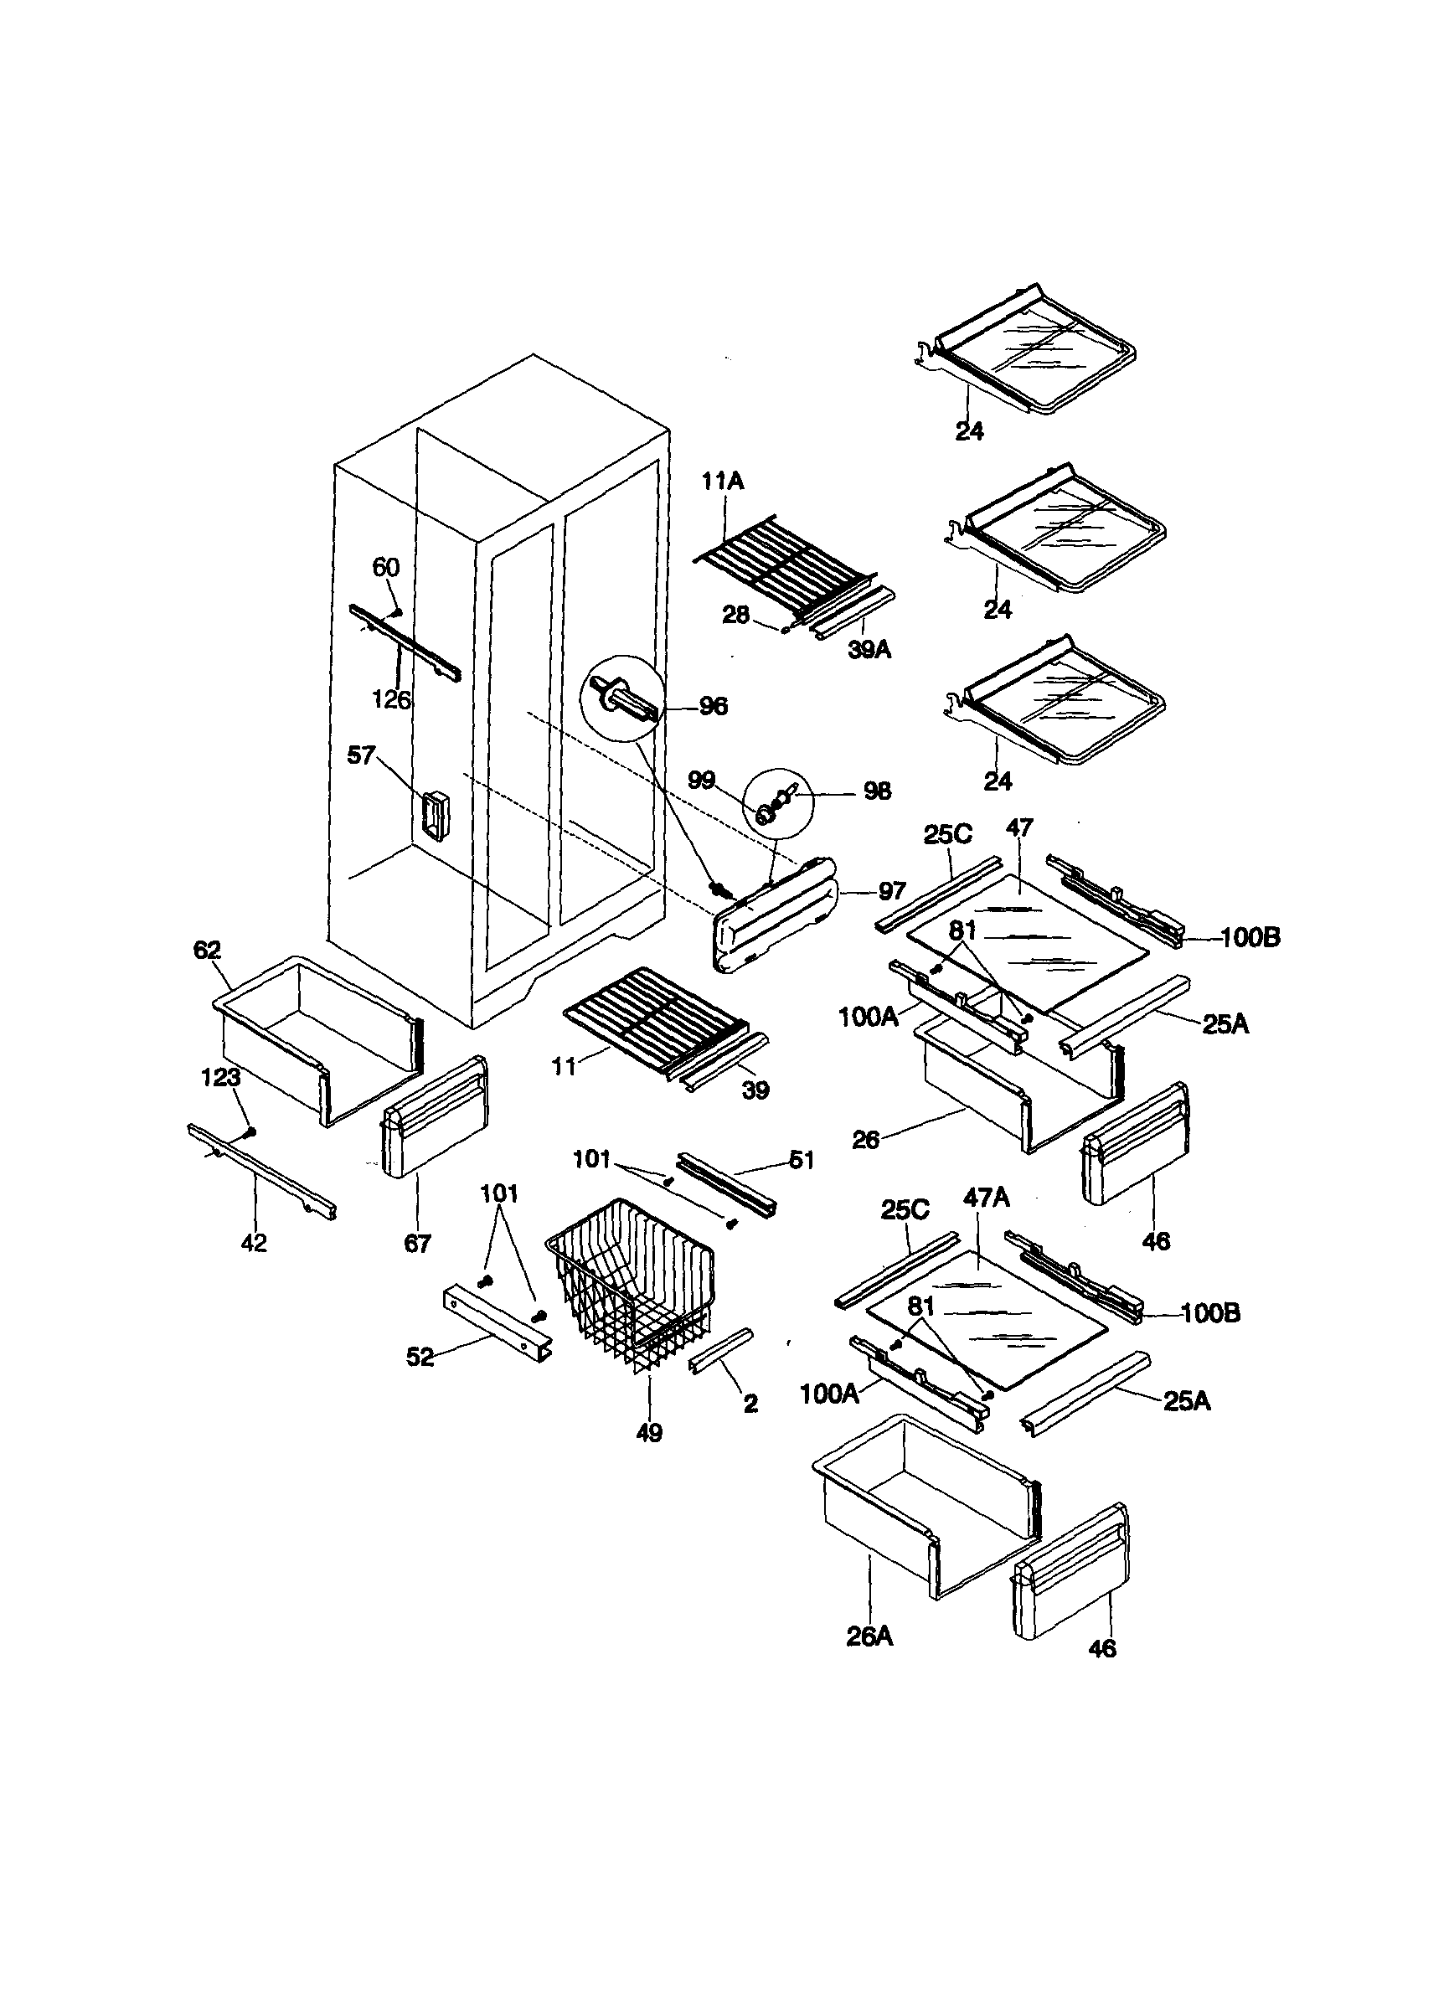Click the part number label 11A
(x=723, y=482)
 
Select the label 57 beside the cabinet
(x=361, y=756)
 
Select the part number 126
(x=391, y=700)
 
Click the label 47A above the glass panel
(x=986, y=1198)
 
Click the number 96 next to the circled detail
(x=713, y=706)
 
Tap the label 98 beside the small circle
(x=877, y=791)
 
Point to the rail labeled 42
(x=262, y=1172)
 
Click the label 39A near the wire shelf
(x=869, y=651)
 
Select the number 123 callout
(x=220, y=1078)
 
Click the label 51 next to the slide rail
(x=801, y=1160)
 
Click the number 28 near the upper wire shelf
(x=735, y=615)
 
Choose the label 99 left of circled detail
(x=701, y=780)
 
